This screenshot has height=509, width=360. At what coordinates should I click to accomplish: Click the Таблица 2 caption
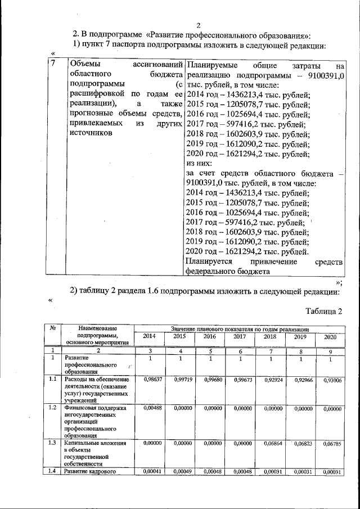[x=323, y=310]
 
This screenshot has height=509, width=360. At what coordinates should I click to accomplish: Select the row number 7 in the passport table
[x=53, y=64]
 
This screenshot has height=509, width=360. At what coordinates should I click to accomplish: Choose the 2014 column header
[x=150, y=336]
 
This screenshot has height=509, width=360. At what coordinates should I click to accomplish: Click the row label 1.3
[x=52, y=443]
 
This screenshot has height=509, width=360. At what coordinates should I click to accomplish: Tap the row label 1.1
[x=52, y=380]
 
